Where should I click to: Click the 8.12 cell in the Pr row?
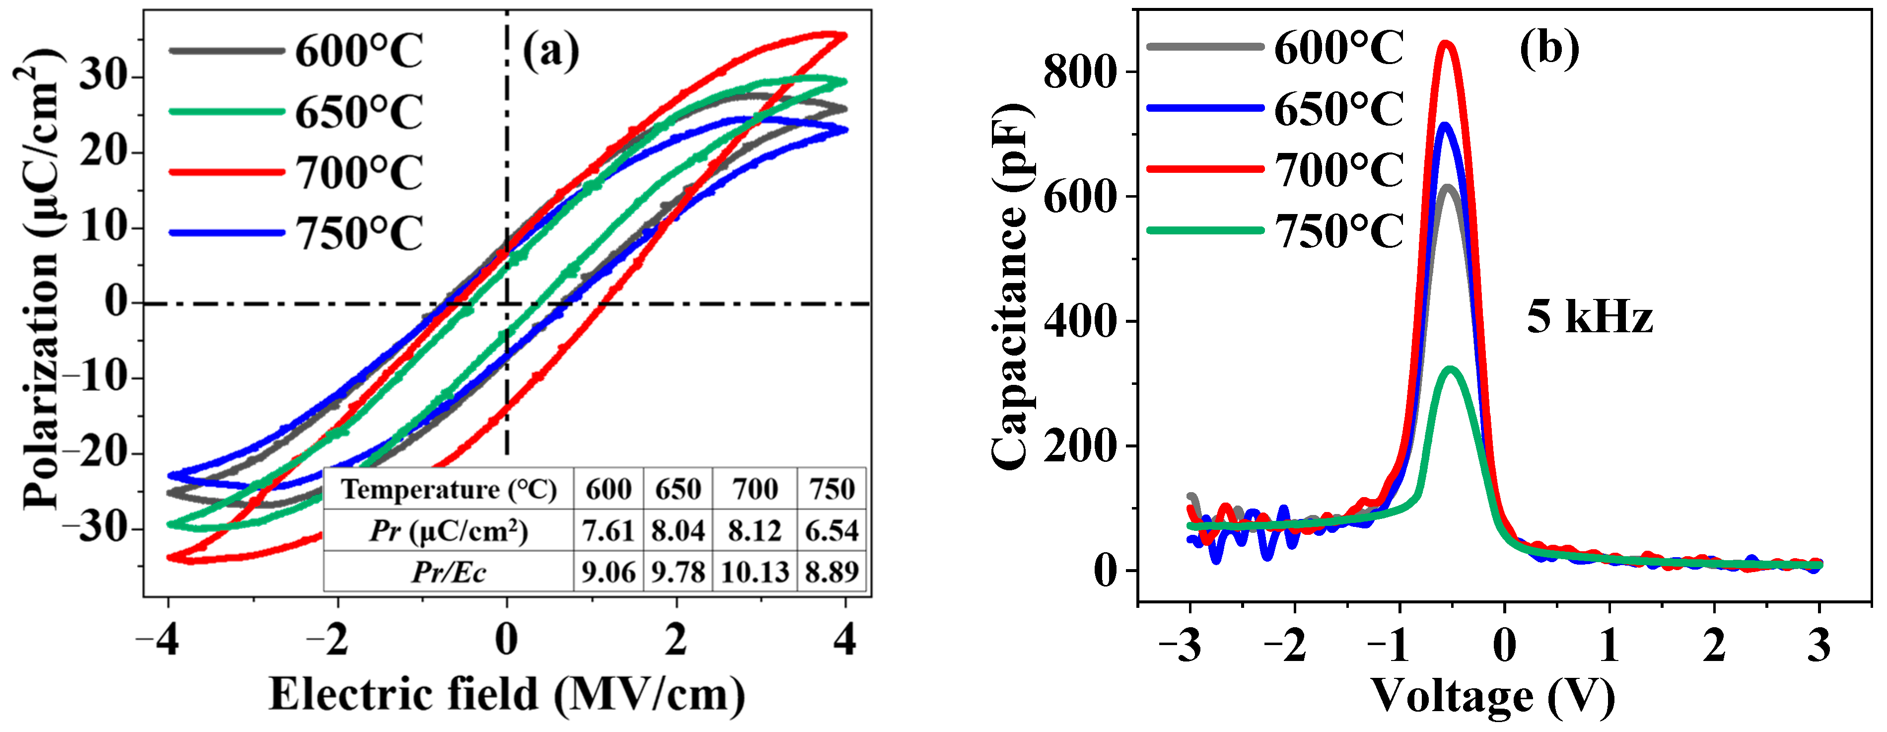click(755, 530)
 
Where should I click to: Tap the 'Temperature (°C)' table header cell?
click(448, 489)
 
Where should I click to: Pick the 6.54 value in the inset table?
click(832, 530)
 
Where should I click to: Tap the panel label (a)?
click(551, 51)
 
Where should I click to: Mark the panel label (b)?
click(1549, 50)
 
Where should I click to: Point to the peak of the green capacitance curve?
click(1451, 369)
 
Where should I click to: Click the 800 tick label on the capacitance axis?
click(1080, 72)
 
